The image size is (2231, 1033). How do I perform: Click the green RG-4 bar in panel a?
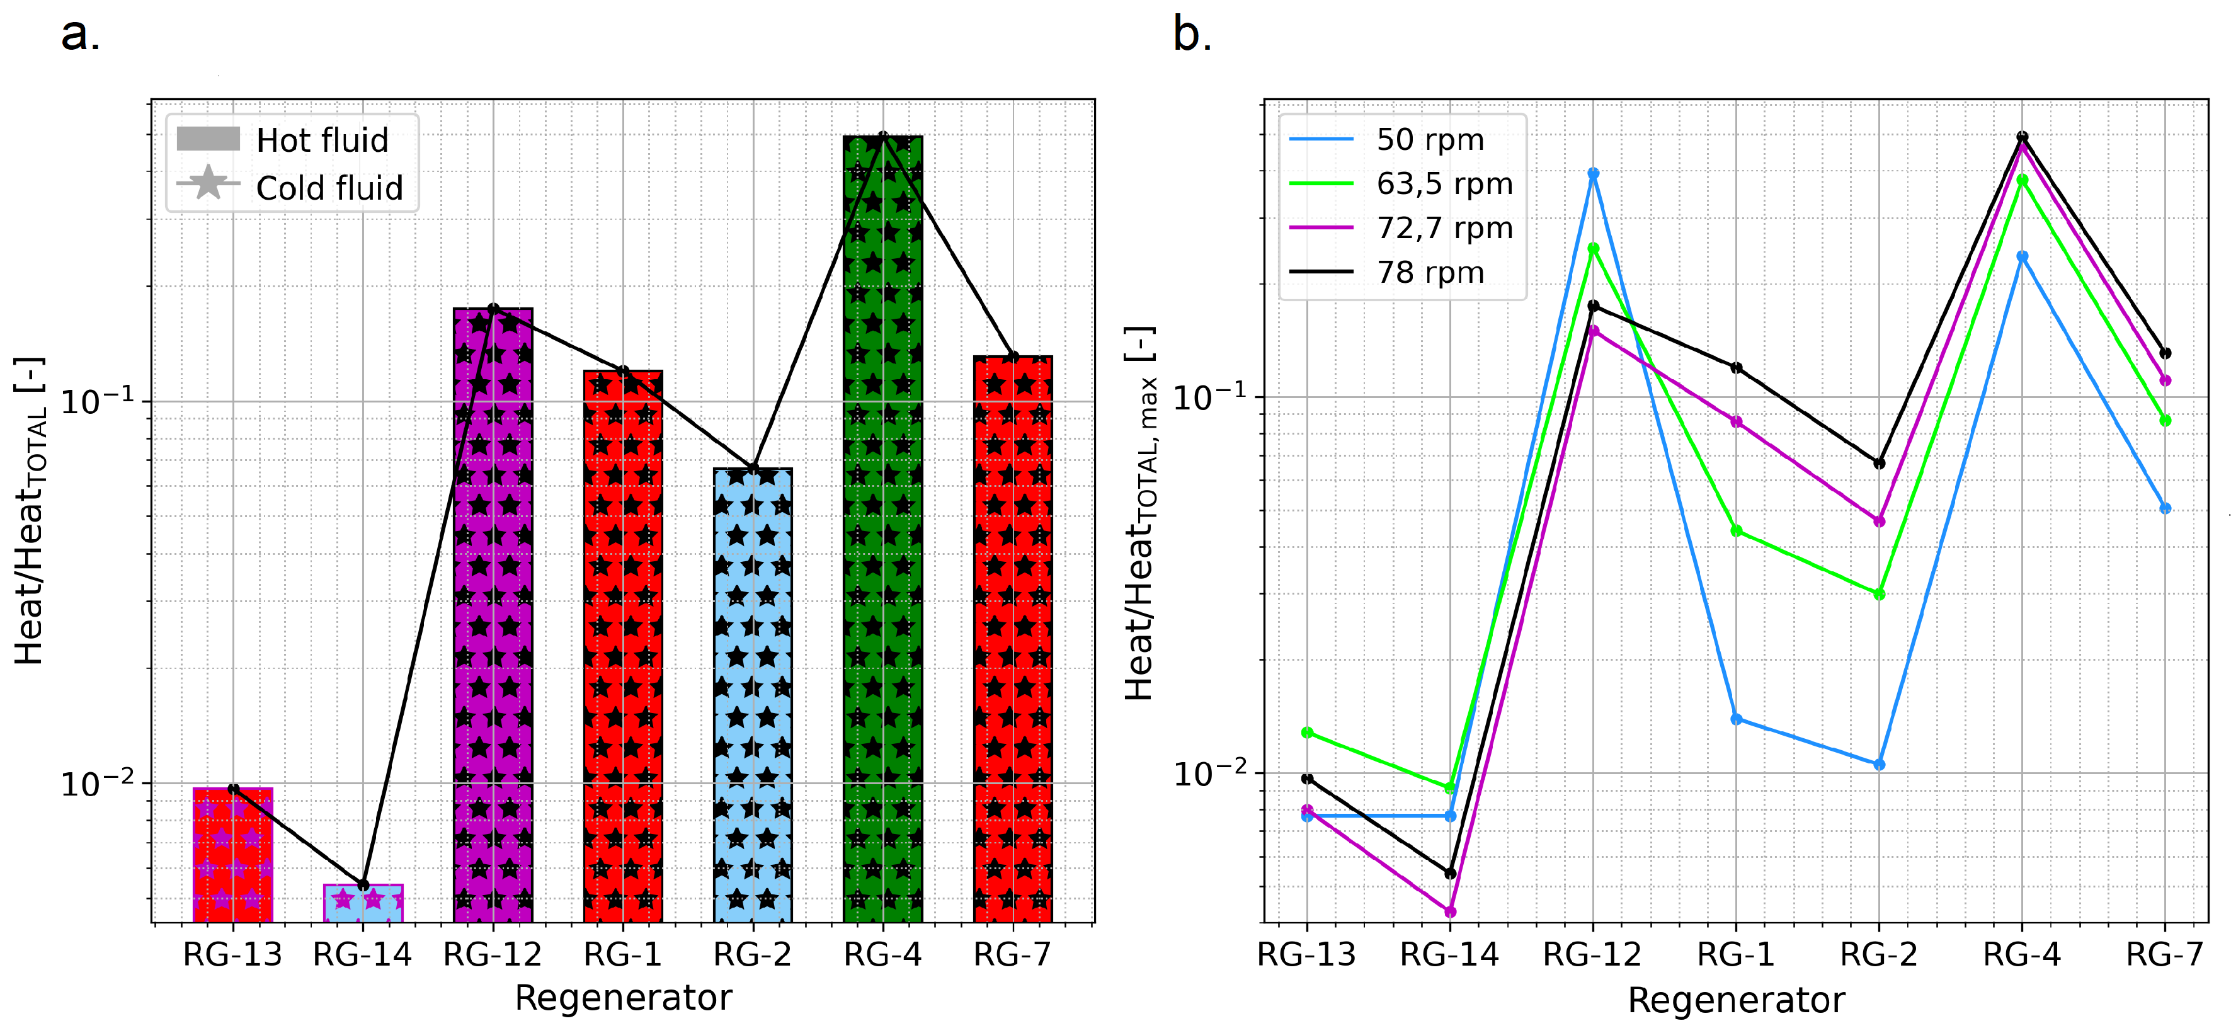pyautogui.click(x=882, y=528)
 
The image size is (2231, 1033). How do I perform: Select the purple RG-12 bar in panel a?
pyautogui.click(x=493, y=615)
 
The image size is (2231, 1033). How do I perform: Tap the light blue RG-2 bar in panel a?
pyautogui.click(x=753, y=693)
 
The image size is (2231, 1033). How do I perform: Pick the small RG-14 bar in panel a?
pyautogui.click(x=363, y=903)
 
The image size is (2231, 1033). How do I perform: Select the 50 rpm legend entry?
pyautogui.click(x=1429, y=139)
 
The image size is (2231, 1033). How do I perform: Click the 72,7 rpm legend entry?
pyautogui.click(x=1444, y=228)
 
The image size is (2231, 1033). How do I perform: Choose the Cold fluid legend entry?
pyautogui.click(x=329, y=188)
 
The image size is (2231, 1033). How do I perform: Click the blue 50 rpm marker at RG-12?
pyautogui.click(x=1593, y=174)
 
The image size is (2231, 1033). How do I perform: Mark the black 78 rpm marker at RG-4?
pyautogui.click(x=2023, y=137)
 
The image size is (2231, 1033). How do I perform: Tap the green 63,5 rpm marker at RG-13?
pyautogui.click(x=1307, y=733)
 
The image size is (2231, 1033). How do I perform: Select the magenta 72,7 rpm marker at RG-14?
pyautogui.click(x=1450, y=911)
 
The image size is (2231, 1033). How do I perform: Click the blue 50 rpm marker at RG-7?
pyautogui.click(x=2165, y=508)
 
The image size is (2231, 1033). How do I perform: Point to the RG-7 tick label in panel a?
pyautogui.click(x=1012, y=954)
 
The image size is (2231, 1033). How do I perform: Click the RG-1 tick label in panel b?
pyautogui.click(x=1736, y=954)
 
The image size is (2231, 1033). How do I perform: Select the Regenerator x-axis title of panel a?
pyautogui.click(x=623, y=998)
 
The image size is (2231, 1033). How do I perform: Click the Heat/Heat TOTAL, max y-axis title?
pyautogui.click(x=1140, y=513)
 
